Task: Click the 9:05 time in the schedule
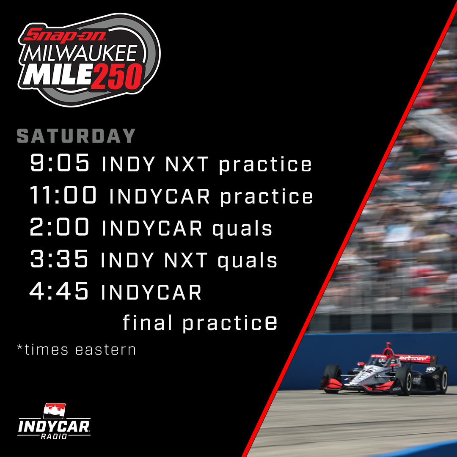(60, 163)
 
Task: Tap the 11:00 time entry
(63, 195)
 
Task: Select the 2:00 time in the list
(60, 228)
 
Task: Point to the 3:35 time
(60, 259)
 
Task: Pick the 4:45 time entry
(60, 292)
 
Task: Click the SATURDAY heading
(76, 136)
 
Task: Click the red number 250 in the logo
(117, 78)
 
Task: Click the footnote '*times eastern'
(76, 350)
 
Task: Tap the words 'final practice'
(200, 323)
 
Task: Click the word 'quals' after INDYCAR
(242, 229)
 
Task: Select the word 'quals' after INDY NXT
(248, 261)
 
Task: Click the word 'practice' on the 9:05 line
(265, 165)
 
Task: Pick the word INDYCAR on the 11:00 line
(160, 196)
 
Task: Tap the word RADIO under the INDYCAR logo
(54, 436)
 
